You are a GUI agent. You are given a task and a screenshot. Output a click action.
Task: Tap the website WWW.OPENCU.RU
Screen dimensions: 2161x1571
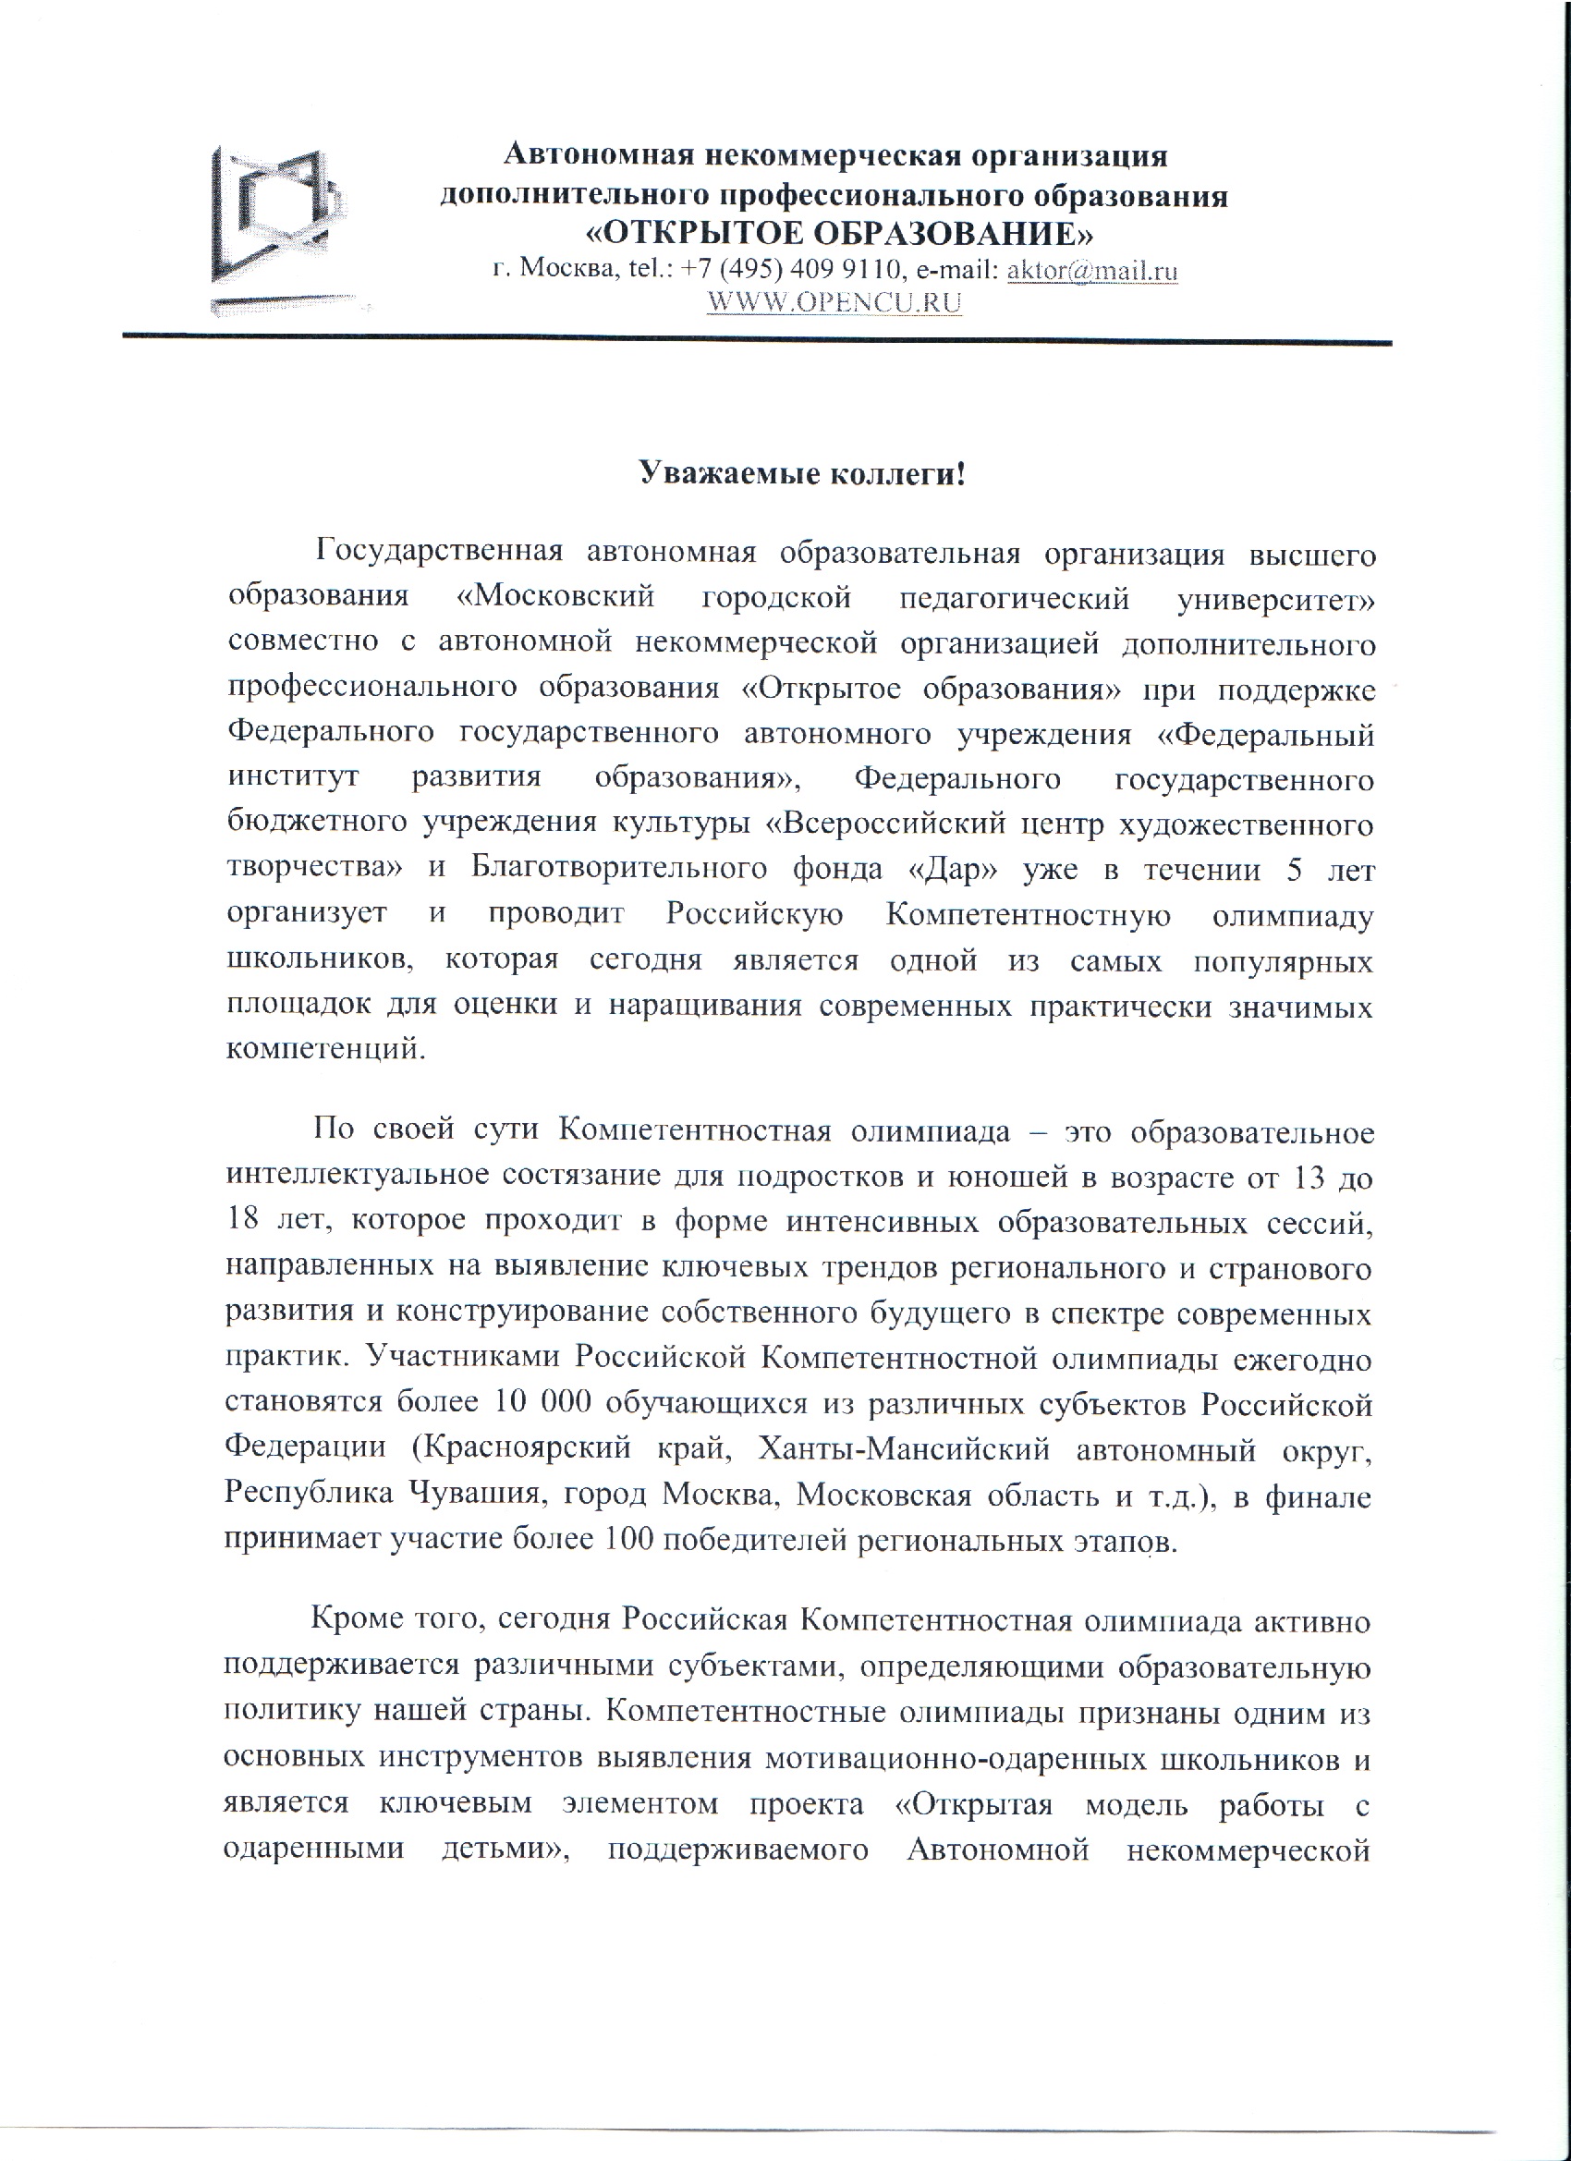(x=834, y=302)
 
